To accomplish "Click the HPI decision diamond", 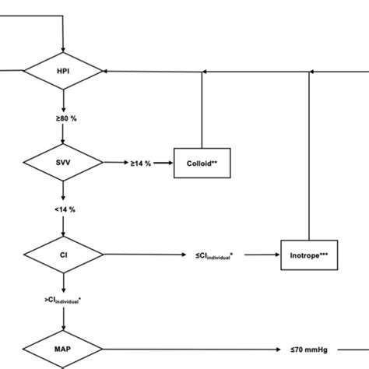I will (63, 72).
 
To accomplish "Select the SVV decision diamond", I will (63, 163).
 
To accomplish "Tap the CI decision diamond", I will (63, 255).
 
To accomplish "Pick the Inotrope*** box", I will (309, 255).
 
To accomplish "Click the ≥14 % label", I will (142, 163).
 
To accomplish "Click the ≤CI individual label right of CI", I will (218, 255).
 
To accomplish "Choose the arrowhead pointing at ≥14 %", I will (125, 163).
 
